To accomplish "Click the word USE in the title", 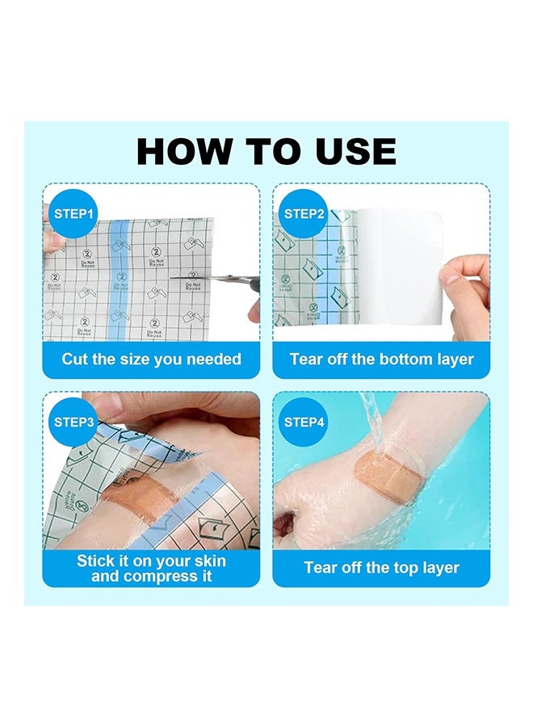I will [352, 152].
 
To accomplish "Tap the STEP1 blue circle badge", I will [74, 214].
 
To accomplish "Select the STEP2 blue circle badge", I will [304, 214].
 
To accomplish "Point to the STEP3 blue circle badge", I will [74, 422].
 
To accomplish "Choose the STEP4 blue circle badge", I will [304, 422].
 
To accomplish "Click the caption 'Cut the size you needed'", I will [151, 359].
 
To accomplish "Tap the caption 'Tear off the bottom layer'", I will [381, 359].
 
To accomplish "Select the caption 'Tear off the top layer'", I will [381, 568].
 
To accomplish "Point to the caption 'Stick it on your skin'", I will [151, 560].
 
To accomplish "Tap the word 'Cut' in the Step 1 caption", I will [75, 359].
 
